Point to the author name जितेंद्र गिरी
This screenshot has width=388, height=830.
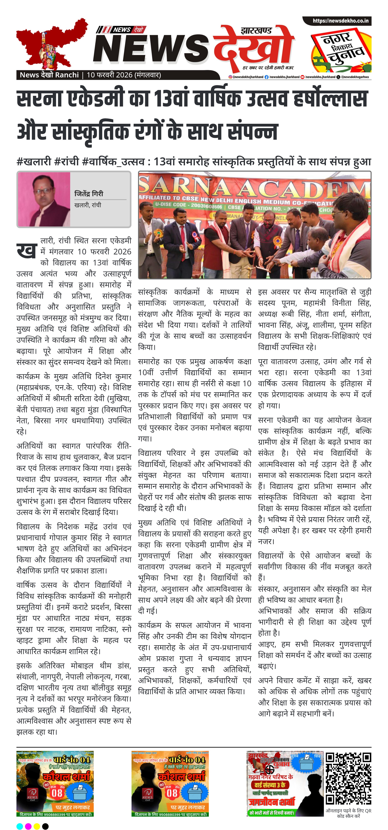point(89,194)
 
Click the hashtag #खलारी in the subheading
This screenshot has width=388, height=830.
point(34,161)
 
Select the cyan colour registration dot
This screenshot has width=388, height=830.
point(20,824)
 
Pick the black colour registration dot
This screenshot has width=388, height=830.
point(45,824)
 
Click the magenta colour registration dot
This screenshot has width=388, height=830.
point(28,824)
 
